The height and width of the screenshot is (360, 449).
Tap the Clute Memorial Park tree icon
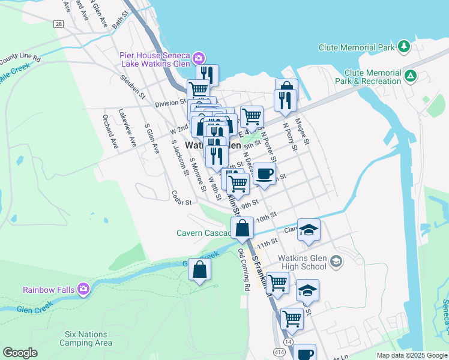(404, 47)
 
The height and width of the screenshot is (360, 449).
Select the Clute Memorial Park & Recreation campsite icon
(411, 76)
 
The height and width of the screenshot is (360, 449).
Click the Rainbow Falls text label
(49, 290)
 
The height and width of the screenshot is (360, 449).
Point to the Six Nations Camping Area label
(85, 338)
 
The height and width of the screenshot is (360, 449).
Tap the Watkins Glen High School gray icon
(336, 260)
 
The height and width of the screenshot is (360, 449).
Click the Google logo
(20, 353)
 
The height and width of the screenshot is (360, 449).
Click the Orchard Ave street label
(110, 131)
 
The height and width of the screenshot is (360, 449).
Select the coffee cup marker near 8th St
(264, 174)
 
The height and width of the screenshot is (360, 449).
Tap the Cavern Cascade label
(203, 233)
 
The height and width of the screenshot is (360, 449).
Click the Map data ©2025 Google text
(411, 355)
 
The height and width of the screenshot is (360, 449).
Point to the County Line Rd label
(20, 59)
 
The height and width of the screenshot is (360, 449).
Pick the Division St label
(170, 103)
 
